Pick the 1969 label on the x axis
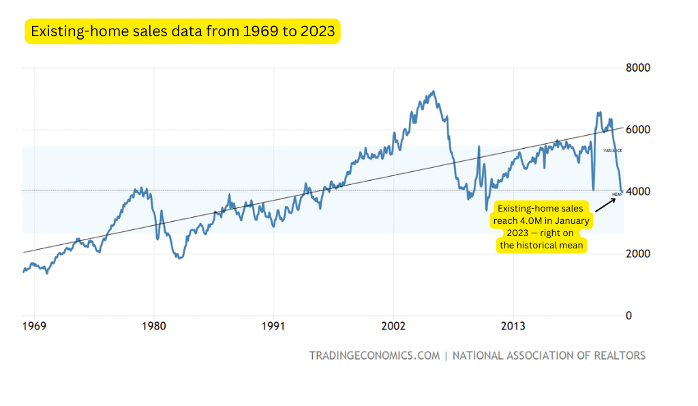(x=34, y=327)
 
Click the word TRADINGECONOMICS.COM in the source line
(x=374, y=356)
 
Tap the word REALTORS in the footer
(x=615, y=356)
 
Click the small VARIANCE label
(x=612, y=150)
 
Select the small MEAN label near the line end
(x=618, y=194)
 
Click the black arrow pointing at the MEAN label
(x=606, y=204)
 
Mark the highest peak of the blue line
(x=433, y=91)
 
